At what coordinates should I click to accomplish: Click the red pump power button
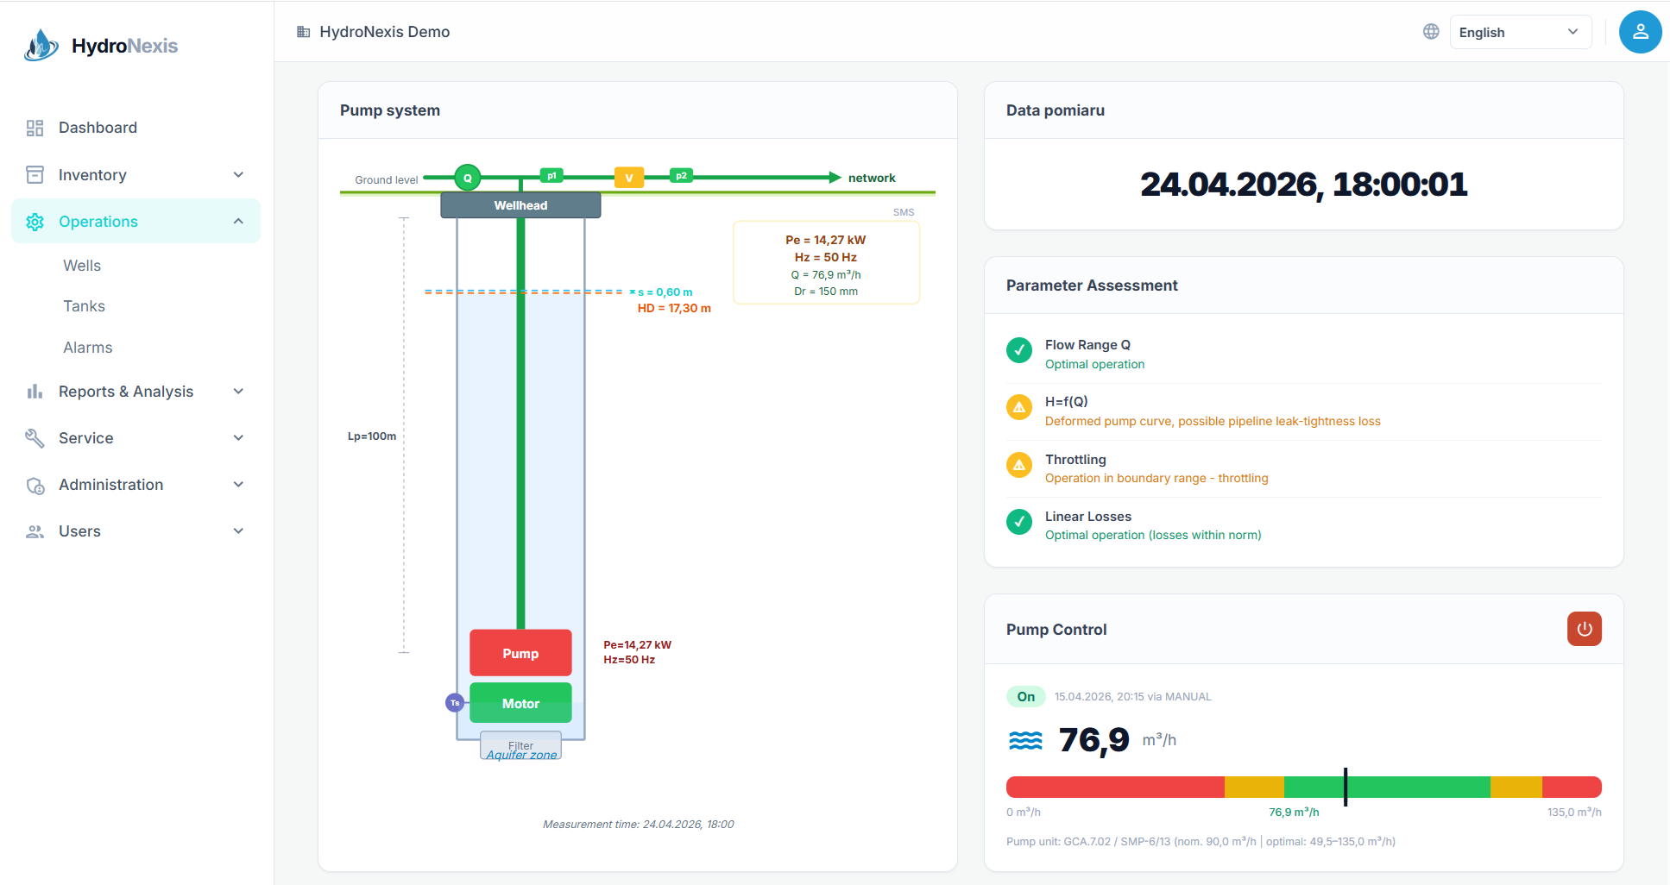(x=1584, y=629)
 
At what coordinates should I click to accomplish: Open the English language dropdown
(x=1520, y=32)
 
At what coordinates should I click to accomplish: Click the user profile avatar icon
(x=1640, y=32)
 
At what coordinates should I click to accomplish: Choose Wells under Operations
(x=82, y=266)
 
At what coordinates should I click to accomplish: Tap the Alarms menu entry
(x=88, y=348)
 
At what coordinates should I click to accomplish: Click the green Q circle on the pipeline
(x=468, y=178)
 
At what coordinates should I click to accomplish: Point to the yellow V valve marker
(x=629, y=178)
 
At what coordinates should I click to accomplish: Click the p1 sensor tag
(x=551, y=176)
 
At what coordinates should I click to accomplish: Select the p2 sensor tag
(x=681, y=176)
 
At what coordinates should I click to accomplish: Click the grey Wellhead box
(x=520, y=205)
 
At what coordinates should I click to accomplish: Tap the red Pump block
(x=520, y=653)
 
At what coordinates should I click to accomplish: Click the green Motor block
(x=520, y=703)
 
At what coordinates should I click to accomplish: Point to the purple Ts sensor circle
(x=455, y=703)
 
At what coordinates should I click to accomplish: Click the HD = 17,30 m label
(x=674, y=308)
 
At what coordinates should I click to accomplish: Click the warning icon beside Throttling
(x=1019, y=464)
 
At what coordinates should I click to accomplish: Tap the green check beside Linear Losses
(x=1019, y=521)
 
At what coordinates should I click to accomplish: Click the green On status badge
(x=1026, y=696)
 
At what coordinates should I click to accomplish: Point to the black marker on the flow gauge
(x=1345, y=787)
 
